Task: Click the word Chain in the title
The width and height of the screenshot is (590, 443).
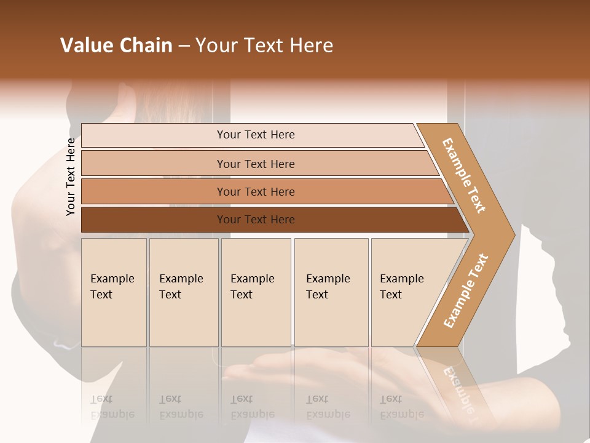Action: pyautogui.click(x=146, y=46)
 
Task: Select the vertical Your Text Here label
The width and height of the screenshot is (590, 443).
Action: pyautogui.click(x=71, y=177)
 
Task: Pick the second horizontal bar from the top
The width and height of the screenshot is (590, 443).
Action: pyautogui.click(x=256, y=164)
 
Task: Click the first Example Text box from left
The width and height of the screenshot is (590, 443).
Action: pyautogui.click(x=114, y=292)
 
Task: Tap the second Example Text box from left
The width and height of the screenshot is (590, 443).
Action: pyautogui.click(x=184, y=292)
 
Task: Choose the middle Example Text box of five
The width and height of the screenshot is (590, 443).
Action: pyautogui.click(x=256, y=292)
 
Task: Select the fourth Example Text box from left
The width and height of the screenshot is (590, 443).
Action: pyautogui.click(x=331, y=292)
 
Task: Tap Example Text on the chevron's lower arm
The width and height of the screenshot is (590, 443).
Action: pyautogui.click(x=466, y=290)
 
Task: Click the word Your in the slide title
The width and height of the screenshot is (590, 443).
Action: pyautogui.click(x=216, y=46)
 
